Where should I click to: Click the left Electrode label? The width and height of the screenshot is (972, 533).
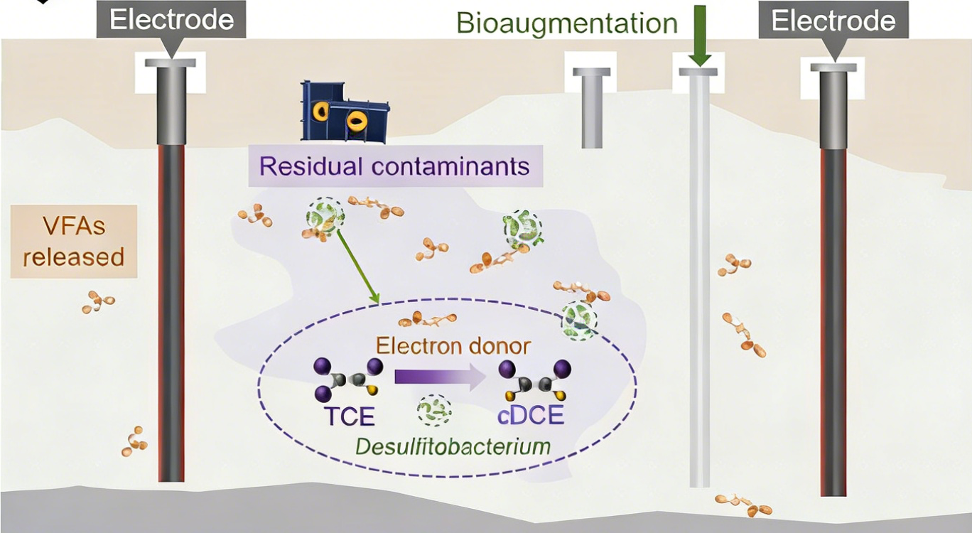pyautogui.click(x=171, y=19)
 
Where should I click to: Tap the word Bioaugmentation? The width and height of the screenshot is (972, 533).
pyautogui.click(x=566, y=23)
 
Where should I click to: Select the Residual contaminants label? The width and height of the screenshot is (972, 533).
pyautogui.click(x=394, y=166)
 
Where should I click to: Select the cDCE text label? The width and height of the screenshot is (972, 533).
pyautogui.click(x=531, y=416)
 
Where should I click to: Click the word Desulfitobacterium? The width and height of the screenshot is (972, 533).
pyautogui.click(x=453, y=447)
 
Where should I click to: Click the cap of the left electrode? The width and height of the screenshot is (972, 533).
pyautogui.click(x=171, y=63)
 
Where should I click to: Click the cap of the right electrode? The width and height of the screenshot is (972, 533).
pyautogui.click(x=833, y=68)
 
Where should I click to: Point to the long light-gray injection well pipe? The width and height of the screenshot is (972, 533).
pyautogui.click(x=699, y=284)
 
